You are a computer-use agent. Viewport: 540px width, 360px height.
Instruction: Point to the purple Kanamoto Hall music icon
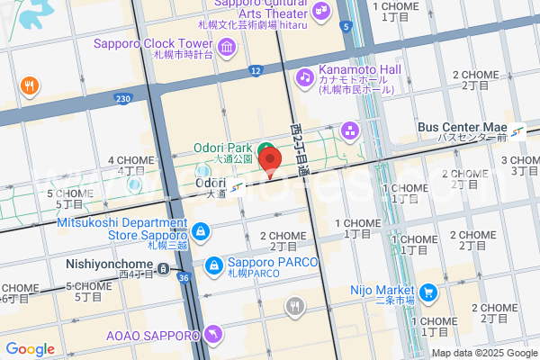click(x=306, y=76)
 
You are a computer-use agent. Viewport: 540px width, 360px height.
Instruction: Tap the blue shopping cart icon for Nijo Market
click(x=428, y=292)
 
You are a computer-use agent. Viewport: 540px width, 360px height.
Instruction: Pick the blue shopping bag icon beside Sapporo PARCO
click(x=214, y=265)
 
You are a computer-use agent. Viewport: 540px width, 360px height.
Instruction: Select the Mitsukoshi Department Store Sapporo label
click(x=122, y=229)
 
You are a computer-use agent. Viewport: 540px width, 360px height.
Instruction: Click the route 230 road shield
click(x=124, y=97)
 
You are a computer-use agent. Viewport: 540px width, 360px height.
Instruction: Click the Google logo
click(x=30, y=349)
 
